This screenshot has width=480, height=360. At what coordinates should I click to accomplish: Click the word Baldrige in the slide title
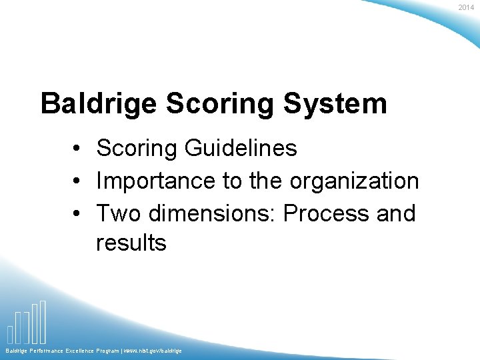click(x=98, y=104)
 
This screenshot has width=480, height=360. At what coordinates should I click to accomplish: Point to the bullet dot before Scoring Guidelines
click(x=78, y=149)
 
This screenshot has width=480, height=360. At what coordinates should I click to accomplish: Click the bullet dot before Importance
click(x=78, y=181)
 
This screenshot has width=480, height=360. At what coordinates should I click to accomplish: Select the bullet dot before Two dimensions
click(x=78, y=214)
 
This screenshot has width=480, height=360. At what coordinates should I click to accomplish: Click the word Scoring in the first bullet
click(x=137, y=148)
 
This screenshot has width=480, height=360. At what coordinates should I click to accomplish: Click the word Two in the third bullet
click(x=119, y=213)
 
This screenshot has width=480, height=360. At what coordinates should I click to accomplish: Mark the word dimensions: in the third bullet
click(x=213, y=213)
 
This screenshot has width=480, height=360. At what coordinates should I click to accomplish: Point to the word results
click(x=131, y=243)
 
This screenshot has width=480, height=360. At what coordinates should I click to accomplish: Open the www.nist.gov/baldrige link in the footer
click(x=151, y=351)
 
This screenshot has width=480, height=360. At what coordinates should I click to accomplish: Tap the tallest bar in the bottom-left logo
click(x=43, y=321)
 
